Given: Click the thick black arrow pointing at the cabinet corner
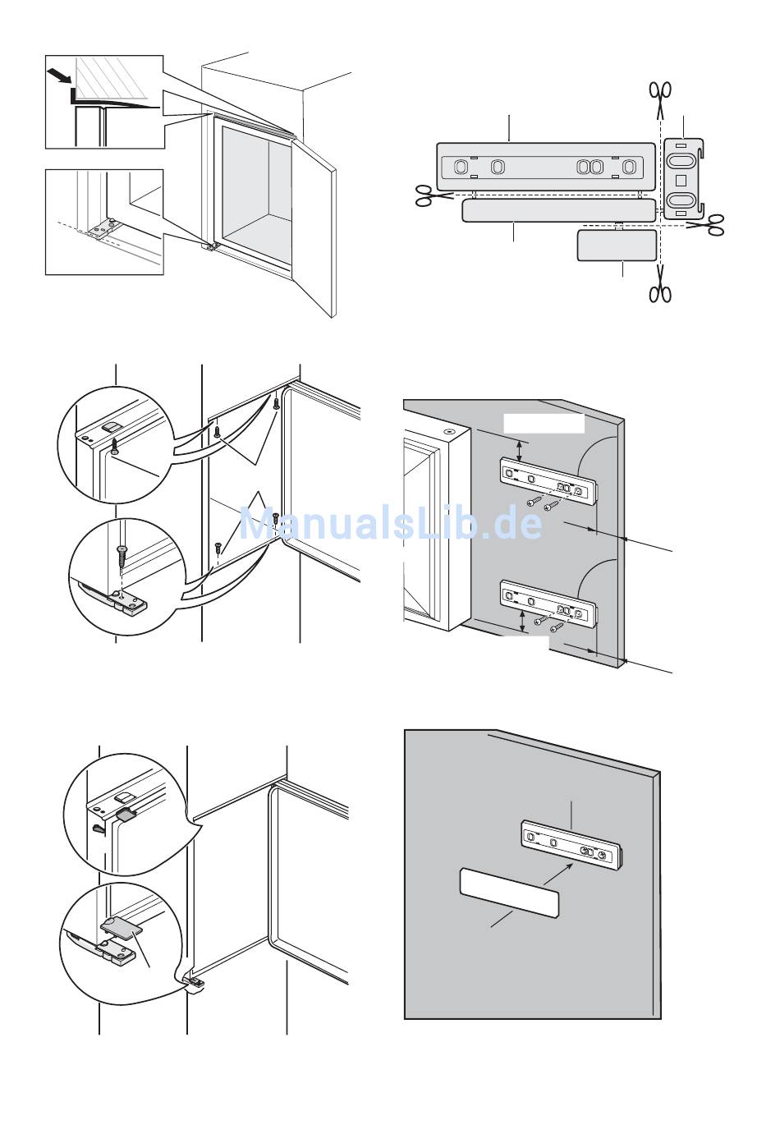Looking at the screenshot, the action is click(x=59, y=76).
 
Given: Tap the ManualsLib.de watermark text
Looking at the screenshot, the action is click(x=390, y=524).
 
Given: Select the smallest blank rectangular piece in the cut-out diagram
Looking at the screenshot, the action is click(x=617, y=246).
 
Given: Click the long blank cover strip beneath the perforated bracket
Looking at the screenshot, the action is click(x=559, y=210).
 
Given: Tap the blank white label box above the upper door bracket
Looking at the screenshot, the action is click(x=544, y=424).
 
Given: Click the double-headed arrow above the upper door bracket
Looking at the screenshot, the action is click(x=518, y=451).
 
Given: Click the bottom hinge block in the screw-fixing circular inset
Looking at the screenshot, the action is click(x=126, y=599).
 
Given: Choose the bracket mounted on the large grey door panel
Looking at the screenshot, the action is click(x=571, y=843).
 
